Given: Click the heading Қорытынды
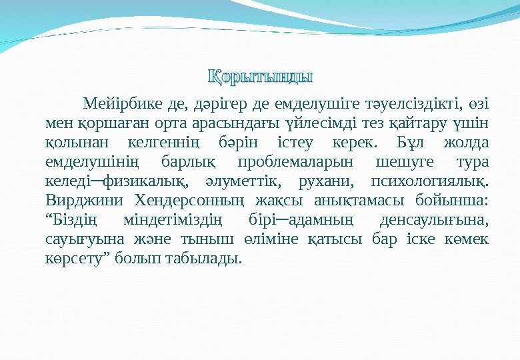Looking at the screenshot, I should coord(259,74).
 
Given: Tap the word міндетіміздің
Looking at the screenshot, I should coord(175,220).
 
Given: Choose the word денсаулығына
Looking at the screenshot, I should coord(433,220).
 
